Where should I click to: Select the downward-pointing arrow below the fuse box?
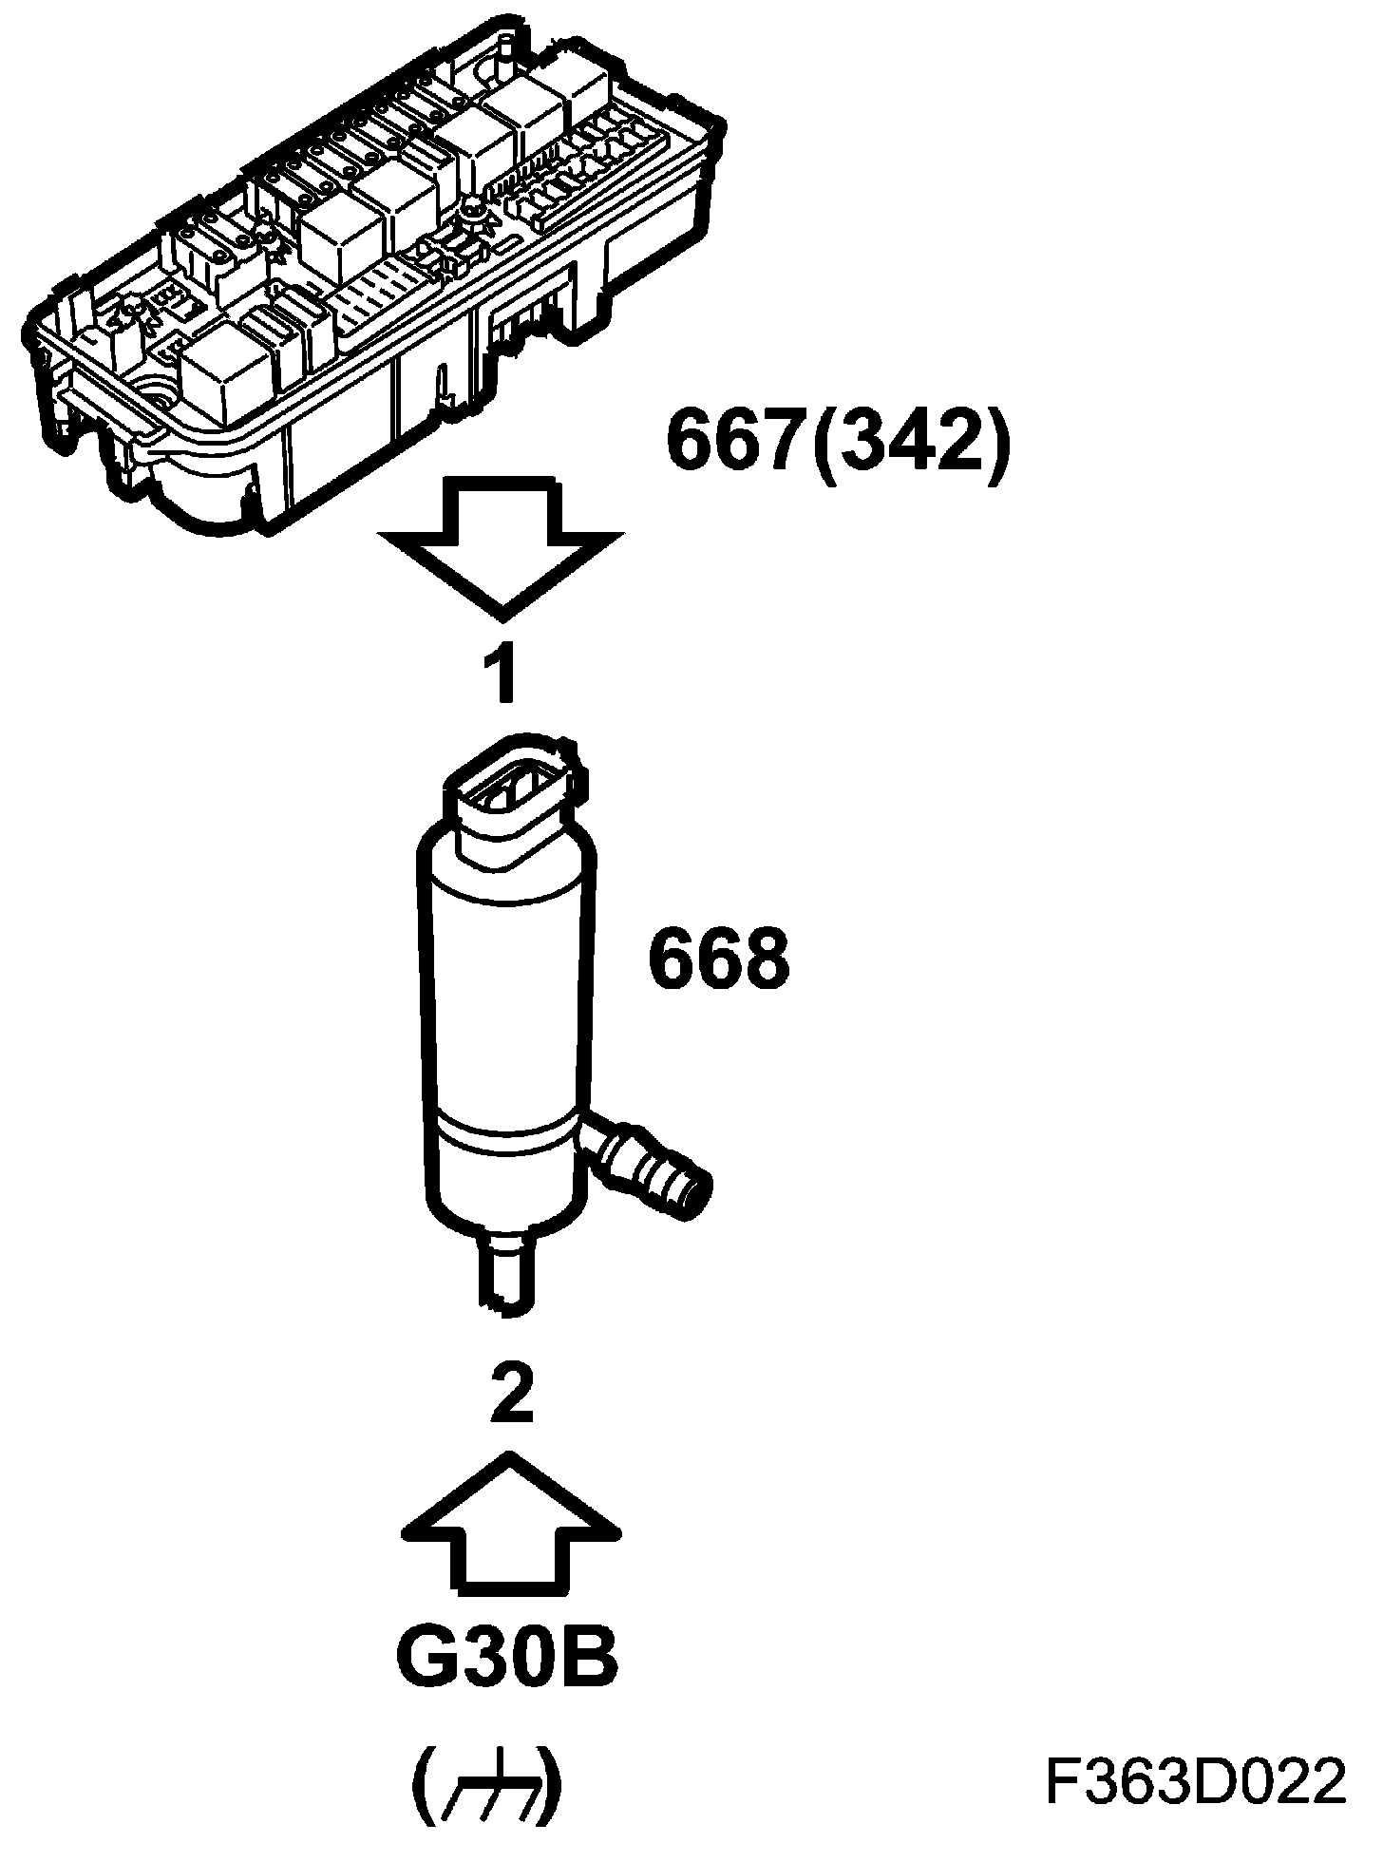point(502,547)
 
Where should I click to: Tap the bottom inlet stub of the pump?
point(507,1278)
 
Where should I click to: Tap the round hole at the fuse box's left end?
point(151,395)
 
